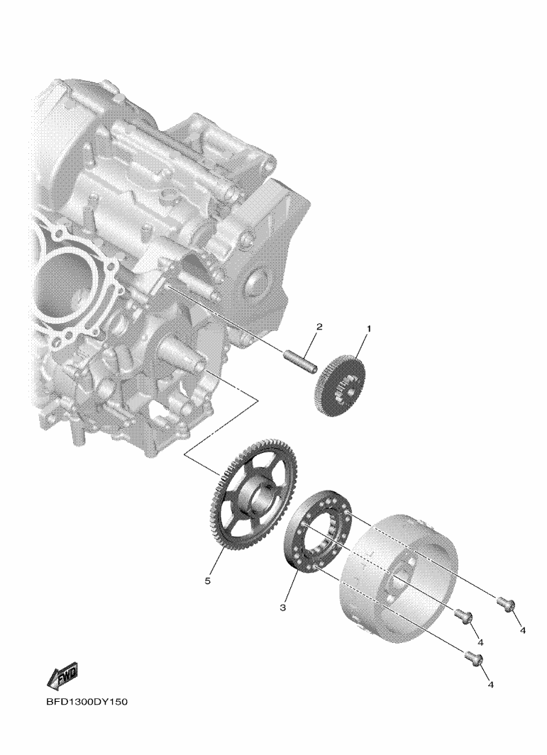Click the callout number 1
(x=369, y=329)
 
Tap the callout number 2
(x=319, y=327)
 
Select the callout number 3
(x=283, y=608)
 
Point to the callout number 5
(x=208, y=581)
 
